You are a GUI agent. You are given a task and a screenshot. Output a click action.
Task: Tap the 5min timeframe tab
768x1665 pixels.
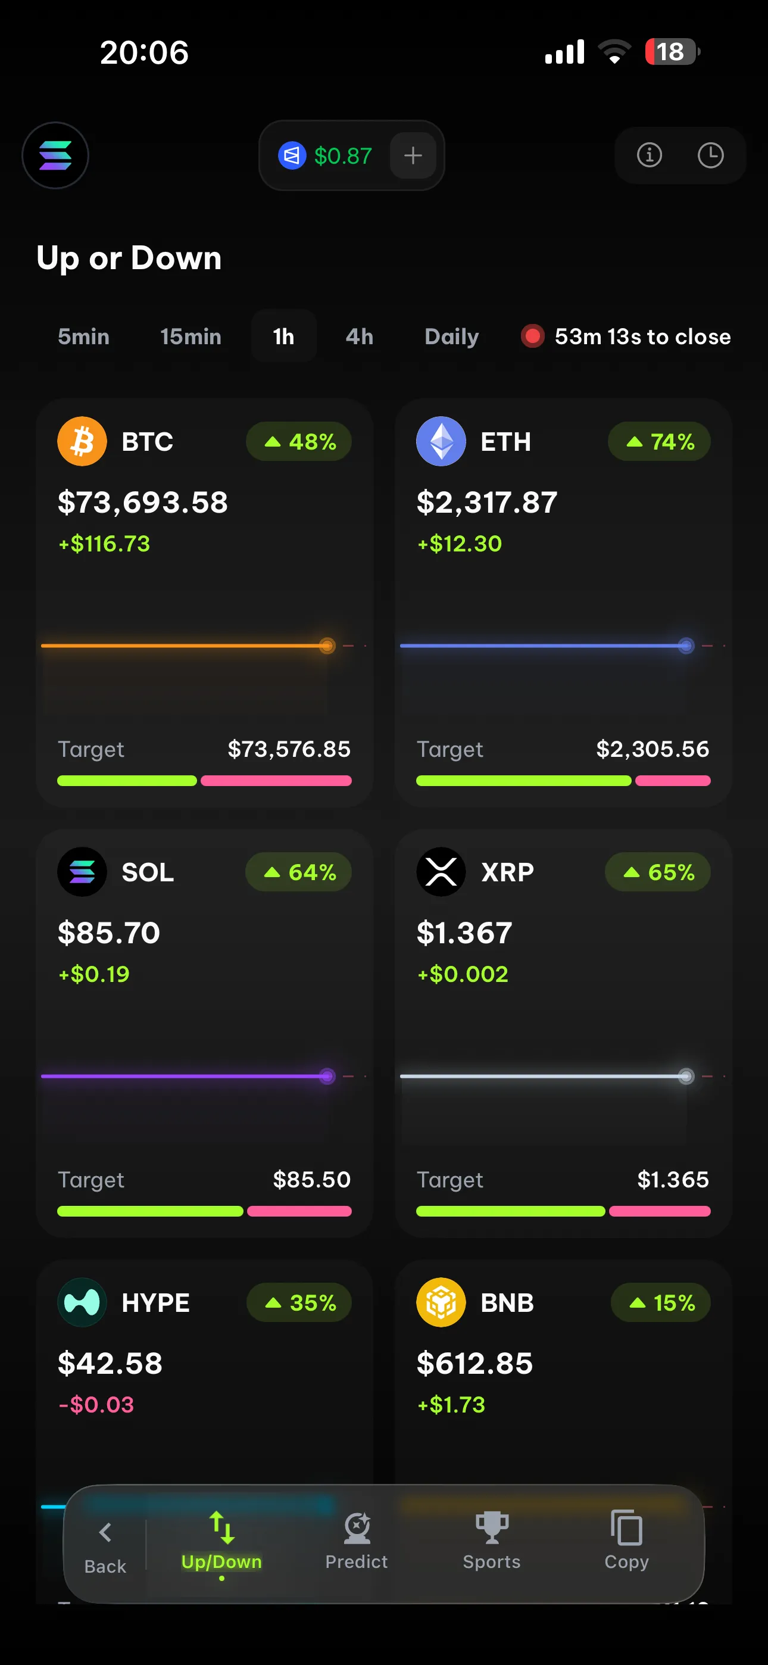[x=83, y=336]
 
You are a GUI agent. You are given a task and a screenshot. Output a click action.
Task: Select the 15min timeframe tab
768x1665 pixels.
[x=191, y=336]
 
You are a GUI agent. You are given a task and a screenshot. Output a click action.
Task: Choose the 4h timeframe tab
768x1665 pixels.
[x=360, y=336]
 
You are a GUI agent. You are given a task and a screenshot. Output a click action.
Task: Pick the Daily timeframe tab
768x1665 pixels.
[x=452, y=336]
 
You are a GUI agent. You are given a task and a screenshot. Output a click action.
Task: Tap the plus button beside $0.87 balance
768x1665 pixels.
[x=413, y=155]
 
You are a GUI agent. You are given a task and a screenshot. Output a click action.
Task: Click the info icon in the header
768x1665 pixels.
[x=649, y=155]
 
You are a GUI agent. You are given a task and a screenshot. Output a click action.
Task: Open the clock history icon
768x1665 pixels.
[x=710, y=155]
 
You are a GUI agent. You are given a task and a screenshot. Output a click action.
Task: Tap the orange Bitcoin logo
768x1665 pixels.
[x=82, y=441]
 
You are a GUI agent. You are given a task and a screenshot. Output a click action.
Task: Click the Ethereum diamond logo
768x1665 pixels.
[x=441, y=441]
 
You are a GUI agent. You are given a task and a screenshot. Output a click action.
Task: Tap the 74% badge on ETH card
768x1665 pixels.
[x=660, y=441]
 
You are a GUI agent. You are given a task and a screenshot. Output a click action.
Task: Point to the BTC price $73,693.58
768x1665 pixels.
[x=143, y=502]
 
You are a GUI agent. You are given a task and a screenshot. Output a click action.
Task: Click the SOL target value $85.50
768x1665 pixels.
[x=311, y=1180]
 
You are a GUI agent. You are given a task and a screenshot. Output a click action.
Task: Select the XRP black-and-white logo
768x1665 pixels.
[x=441, y=872]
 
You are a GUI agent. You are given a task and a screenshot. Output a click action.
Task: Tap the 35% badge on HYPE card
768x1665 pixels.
[x=299, y=1302]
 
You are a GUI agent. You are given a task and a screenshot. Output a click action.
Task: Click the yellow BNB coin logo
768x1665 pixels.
[x=441, y=1302]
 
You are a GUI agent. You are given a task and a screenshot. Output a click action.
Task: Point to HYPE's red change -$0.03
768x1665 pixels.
[x=96, y=1405]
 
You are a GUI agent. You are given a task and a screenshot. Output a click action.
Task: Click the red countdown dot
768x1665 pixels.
[x=533, y=336]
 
